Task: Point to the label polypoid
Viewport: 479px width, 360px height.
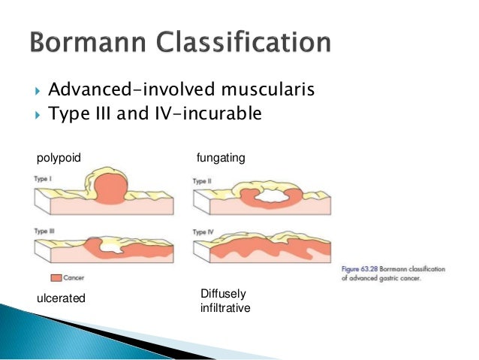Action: tap(59, 157)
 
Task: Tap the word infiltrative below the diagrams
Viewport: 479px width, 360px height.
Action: tap(225, 308)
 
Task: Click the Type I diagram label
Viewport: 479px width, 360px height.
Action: tap(43, 180)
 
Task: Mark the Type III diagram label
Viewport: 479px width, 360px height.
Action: tap(44, 231)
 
